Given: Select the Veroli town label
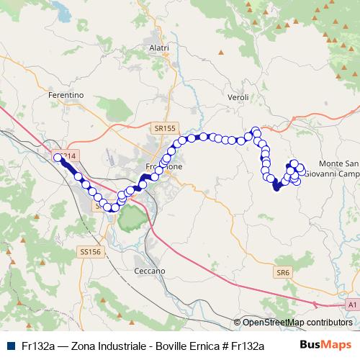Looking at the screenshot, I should click(237, 96).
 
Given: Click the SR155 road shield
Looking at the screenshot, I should click(164, 127).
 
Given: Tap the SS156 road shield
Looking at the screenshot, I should click(91, 251).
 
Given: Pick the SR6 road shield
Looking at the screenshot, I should click(282, 273).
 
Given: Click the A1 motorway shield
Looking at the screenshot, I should click(351, 305).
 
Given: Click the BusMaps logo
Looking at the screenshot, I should click(325, 346).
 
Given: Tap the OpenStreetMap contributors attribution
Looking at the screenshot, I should click(297, 323).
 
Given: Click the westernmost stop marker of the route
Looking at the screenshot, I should click(58, 157).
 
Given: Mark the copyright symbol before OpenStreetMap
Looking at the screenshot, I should click(237, 323).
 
